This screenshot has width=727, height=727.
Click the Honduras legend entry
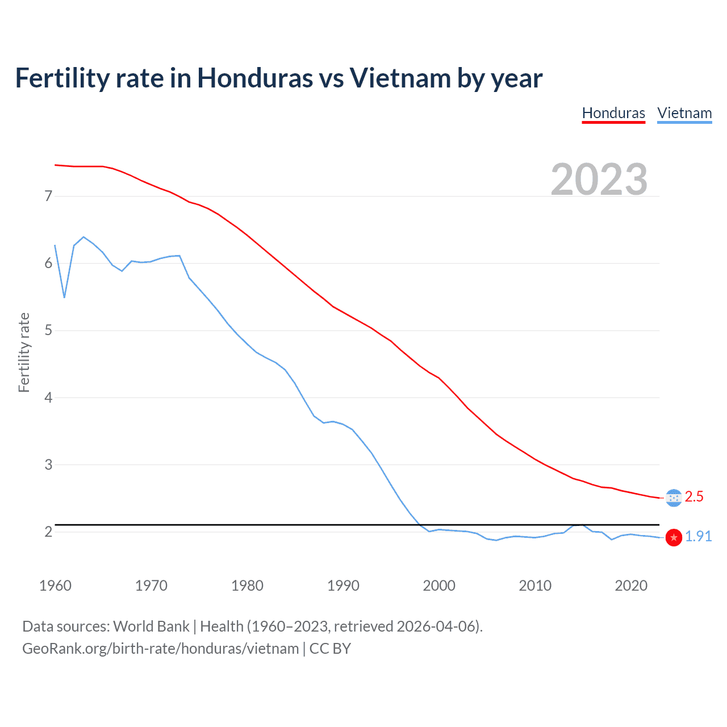point(613,113)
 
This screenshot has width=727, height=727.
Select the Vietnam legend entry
point(684,113)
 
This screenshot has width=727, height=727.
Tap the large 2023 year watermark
point(599,179)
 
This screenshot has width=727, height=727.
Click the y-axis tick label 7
point(48,197)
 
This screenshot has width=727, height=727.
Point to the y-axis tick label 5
point(48,331)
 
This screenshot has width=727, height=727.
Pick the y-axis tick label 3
point(48,465)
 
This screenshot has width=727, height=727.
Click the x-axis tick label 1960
point(55,586)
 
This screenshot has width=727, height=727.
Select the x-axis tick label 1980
point(247,586)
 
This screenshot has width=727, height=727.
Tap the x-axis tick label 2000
point(439,586)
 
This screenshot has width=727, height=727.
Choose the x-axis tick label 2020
point(631,586)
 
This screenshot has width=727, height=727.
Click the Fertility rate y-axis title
point(24,352)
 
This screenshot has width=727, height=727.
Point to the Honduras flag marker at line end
point(674,498)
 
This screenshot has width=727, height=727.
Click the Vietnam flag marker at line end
point(674,537)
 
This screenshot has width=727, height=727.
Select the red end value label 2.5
point(694,497)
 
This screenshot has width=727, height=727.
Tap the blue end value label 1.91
point(698,537)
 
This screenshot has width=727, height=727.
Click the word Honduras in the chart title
point(254,78)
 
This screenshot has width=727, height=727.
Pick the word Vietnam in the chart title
point(400,78)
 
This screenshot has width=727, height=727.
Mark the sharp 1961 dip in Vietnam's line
point(64,297)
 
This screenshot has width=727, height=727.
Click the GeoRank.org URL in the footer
point(160,649)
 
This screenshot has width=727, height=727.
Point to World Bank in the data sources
point(151,626)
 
